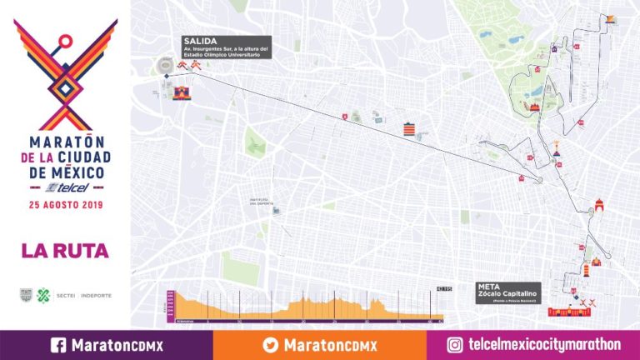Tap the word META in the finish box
click(489, 286)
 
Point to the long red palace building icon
click(570, 312)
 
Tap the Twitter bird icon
click(271, 345)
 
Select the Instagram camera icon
click(455, 345)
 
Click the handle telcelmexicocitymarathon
click(545, 345)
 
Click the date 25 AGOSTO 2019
click(65, 204)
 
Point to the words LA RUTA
click(65, 250)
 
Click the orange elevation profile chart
click(304, 307)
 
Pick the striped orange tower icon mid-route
click(408, 130)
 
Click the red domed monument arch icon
click(596, 207)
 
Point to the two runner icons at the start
click(186, 66)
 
